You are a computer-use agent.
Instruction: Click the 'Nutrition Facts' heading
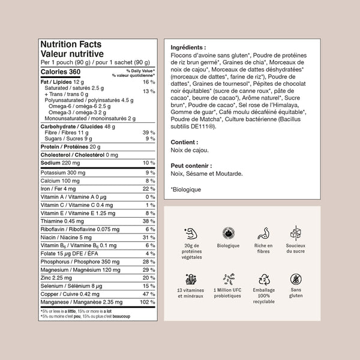[70, 44]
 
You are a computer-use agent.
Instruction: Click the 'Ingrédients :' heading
[188, 47]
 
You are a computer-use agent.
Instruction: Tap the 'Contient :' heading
[184, 142]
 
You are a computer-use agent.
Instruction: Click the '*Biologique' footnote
[187, 190]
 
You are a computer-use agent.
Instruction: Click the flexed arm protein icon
[190, 233]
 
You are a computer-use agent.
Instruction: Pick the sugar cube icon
[295, 233]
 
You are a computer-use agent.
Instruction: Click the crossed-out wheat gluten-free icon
[295, 280]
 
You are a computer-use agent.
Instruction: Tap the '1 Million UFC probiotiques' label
[228, 296]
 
